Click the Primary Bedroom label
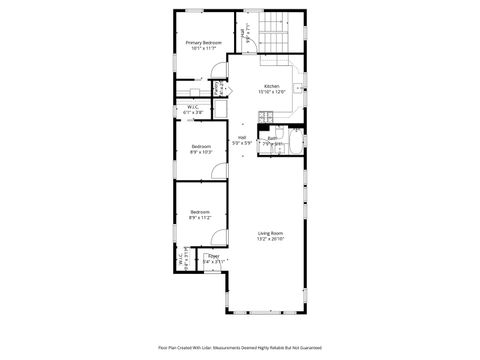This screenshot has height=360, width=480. (x=203, y=42)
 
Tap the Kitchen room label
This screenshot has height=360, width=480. (x=272, y=86)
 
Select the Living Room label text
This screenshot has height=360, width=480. (x=270, y=233)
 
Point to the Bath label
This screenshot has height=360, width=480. (x=271, y=138)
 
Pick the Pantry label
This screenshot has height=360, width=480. (x=217, y=89)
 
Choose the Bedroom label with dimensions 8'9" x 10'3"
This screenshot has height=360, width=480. (x=201, y=147)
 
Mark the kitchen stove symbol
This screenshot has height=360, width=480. (x=265, y=117)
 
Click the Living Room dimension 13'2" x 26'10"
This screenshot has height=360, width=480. (x=270, y=239)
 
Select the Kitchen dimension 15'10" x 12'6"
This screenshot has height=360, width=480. (x=272, y=92)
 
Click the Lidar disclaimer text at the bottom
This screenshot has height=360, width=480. (x=239, y=347)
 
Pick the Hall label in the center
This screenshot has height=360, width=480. (x=241, y=137)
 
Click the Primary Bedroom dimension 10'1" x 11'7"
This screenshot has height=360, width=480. (x=203, y=48)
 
